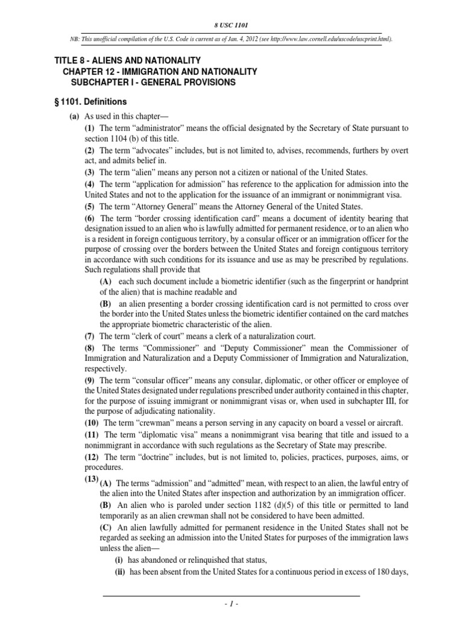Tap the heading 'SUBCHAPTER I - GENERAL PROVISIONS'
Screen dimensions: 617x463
(153, 82)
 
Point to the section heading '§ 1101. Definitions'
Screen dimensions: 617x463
(90, 102)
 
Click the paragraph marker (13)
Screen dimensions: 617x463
(91, 480)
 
